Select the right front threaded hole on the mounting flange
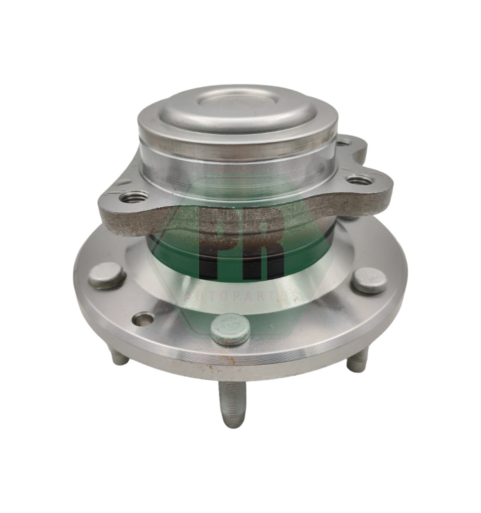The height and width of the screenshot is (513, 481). point(358,180)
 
